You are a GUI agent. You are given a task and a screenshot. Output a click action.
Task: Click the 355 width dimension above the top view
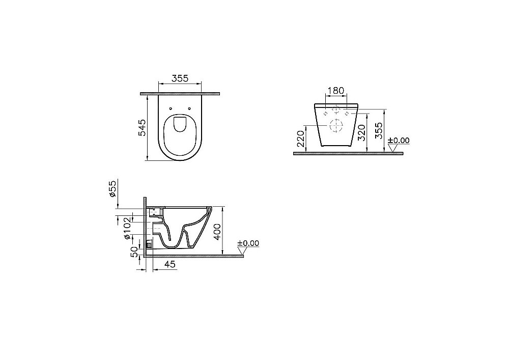point(180,78)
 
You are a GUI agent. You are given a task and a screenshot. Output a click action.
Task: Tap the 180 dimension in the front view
point(335,91)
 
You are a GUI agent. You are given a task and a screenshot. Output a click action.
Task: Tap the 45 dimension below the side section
point(170,264)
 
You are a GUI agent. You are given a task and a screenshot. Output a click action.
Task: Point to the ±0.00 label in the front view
point(399,141)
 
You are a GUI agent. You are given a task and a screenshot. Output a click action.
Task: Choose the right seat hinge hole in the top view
point(190,108)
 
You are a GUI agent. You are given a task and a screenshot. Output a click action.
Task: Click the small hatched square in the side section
point(149,244)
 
